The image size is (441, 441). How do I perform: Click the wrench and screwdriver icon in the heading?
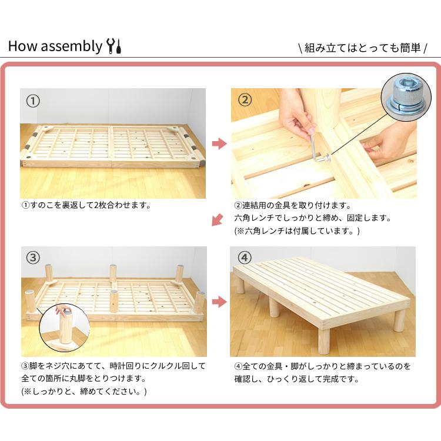coord(114,46)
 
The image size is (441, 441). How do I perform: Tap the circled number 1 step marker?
coord(33,101)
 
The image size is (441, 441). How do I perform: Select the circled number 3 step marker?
coord(33,258)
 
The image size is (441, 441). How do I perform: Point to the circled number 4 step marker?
coord(245,258)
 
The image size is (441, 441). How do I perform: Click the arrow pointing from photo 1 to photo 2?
coord(219,144)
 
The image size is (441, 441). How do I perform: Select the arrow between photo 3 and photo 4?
coord(219,302)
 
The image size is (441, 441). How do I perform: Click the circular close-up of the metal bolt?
coord(406,98)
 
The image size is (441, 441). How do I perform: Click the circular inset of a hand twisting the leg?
coord(65,326)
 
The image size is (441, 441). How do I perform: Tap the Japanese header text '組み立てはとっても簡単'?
coord(362,48)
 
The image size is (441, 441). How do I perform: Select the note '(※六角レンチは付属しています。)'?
coord(297,231)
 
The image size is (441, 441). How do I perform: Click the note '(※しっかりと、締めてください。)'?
coord(84,391)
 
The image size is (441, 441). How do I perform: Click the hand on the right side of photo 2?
coord(389,143)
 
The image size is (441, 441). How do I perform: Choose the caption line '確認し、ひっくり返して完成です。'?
coord(296,379)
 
